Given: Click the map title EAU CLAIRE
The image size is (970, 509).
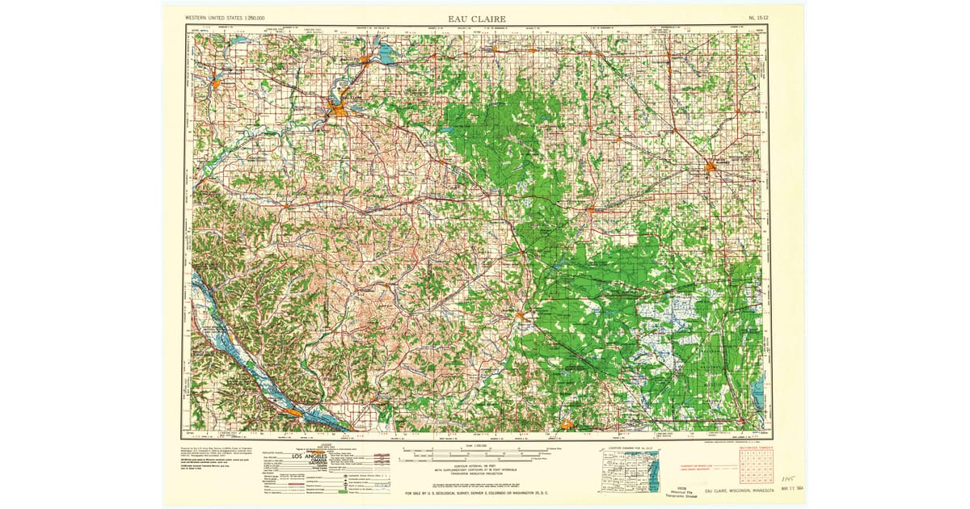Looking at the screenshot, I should click(477, 18).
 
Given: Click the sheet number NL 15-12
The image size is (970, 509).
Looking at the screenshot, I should click(760, 17).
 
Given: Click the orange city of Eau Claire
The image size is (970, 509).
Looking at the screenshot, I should click(336, 107).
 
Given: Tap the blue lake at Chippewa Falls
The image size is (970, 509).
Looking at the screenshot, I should click(382, 57).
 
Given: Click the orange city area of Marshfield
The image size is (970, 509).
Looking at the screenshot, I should click(711, 168).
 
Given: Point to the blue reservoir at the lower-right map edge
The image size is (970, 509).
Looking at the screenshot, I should click(757, 395).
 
